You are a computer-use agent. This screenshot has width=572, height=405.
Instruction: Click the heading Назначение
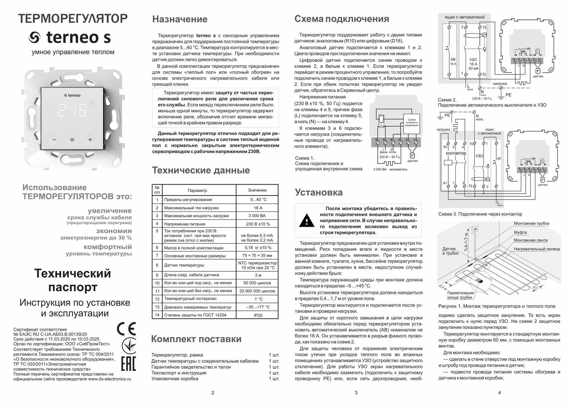(180, 19)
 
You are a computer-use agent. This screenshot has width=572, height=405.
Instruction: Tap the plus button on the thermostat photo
(90, 140)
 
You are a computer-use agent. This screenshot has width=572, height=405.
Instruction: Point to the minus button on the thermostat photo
(54, 140)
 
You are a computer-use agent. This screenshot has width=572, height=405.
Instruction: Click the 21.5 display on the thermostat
(72, 110)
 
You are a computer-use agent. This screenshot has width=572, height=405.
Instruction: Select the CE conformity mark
(126, 329)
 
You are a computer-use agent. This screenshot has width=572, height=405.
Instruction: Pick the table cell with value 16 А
(257, 208)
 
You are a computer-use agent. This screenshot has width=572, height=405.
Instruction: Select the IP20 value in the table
(257, 315)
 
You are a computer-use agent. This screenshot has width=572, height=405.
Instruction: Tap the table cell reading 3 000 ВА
(257, 216)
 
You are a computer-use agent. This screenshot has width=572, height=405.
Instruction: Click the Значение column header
(257, 190)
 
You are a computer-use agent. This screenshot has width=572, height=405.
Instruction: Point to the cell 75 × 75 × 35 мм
(257, 256)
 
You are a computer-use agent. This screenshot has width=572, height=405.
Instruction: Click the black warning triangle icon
(306, 221)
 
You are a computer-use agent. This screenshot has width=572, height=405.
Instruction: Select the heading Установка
(319, 192)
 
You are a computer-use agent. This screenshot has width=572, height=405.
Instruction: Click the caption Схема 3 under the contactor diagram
(480, 214)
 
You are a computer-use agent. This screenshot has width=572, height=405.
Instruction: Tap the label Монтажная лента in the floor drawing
(531, 240)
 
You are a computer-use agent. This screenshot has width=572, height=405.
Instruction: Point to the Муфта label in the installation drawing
(520, 232)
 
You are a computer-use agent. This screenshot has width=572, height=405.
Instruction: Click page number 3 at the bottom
(356, 393)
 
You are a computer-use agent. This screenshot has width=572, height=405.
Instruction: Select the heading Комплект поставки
(196, 339)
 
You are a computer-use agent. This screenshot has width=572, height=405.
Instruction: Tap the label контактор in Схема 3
(456, 153)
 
